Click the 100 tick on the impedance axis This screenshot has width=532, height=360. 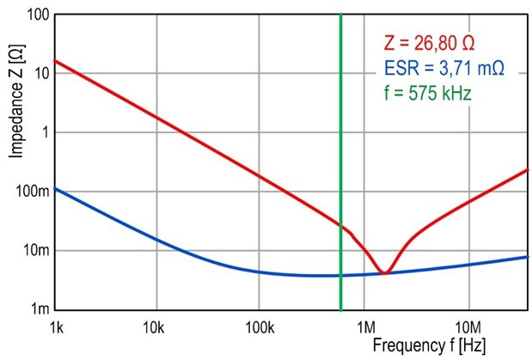pos(35,15)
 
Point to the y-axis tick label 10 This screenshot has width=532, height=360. pos(40,73)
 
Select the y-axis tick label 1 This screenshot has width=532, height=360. pos(43,131)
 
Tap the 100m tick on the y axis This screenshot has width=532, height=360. pos(30,191)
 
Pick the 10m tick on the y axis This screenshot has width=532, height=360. pos(34,250)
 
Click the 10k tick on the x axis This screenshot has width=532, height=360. pos(154,326)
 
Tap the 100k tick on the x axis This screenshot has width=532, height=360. pos(259,326)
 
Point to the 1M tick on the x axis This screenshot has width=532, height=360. pos(366,326)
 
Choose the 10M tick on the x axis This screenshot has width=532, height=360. pos(468,326)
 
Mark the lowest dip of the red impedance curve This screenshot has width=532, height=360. pos(385,272)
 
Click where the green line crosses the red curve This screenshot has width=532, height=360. pos(341,225)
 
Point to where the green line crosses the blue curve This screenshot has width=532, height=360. pos(341,275)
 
